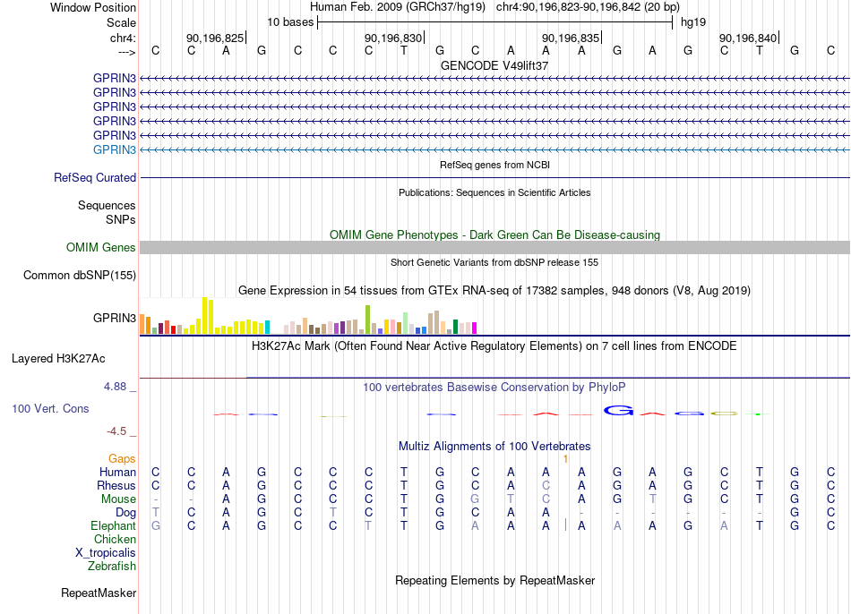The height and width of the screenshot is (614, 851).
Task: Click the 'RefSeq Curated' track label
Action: (x=95, y=177)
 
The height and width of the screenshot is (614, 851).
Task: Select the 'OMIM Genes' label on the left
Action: (x=101, y=247)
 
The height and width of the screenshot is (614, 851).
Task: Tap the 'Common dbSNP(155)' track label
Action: (x=80, y=275)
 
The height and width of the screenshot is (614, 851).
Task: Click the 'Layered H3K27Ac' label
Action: (x=58, y=359)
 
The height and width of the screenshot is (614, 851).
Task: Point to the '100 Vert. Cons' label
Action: (x=50, y=408)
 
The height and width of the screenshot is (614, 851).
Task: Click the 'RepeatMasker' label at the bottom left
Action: (x=99, y=593)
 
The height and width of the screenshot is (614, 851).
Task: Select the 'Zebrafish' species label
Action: (x=112, y=567)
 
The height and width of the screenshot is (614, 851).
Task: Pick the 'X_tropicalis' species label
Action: (x=106, y=553)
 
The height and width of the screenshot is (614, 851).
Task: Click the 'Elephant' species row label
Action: (x=114, y=525)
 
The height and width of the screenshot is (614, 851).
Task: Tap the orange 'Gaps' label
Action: (x=122, y=459)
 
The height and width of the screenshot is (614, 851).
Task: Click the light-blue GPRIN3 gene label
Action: (x=115, y=149)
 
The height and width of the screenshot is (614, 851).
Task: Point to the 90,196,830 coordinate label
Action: (x=393, y=38)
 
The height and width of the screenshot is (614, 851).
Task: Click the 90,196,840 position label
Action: (x=748, y=38)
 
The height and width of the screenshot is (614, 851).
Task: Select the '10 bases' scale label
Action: (x=290, y=22)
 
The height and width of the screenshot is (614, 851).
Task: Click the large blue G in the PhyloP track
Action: (x=618, y=411)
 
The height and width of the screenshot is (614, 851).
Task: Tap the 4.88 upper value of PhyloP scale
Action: (x=115, y=386)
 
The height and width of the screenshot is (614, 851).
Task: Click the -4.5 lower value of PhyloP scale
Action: (x=116, y=431)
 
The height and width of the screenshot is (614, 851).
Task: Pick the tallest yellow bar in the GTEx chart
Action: (x=204, y=315)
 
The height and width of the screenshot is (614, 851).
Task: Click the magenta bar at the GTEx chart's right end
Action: (x=474, y=328)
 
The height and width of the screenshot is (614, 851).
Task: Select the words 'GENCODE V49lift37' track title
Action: (x=494, y=65)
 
